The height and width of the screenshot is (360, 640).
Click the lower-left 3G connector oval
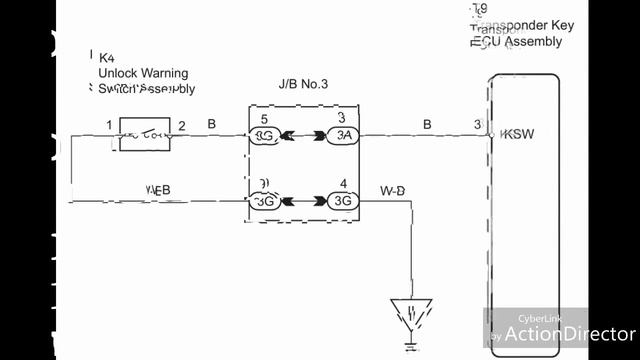265,201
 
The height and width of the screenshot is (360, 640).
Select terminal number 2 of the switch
182,125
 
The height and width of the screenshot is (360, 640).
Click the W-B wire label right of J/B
392,188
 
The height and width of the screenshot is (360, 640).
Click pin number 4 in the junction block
343,184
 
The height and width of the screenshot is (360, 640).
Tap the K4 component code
105,58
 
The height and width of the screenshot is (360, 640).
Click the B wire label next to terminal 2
211,124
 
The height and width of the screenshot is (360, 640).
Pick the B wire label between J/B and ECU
427,124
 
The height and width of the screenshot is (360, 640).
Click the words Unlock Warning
142,73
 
